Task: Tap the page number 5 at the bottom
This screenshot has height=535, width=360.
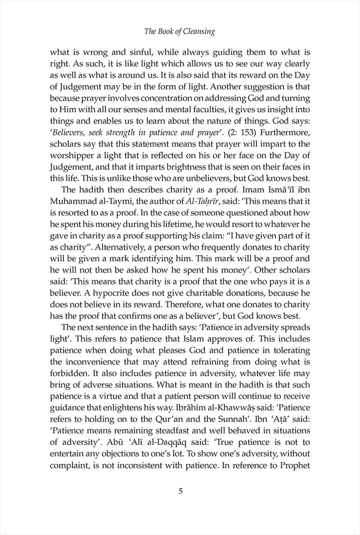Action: [180, 490]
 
